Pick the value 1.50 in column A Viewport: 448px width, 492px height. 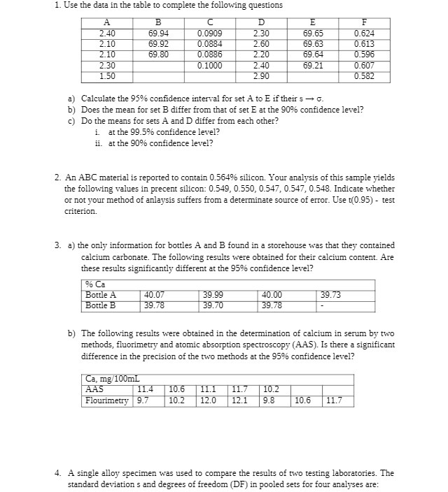pyautogui.click(x=107, y=76)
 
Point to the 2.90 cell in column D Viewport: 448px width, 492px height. pyautogui.click(x=260, y=76)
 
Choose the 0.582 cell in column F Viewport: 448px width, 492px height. pyautogui.click(x=363, y=76)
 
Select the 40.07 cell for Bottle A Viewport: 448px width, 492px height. pyautogui.click(x=155, y=296)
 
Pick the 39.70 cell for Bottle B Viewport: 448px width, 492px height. pyautogui.click(x=213, y=305)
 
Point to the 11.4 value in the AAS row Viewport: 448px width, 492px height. pyautogui.click(x=146, y=390)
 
